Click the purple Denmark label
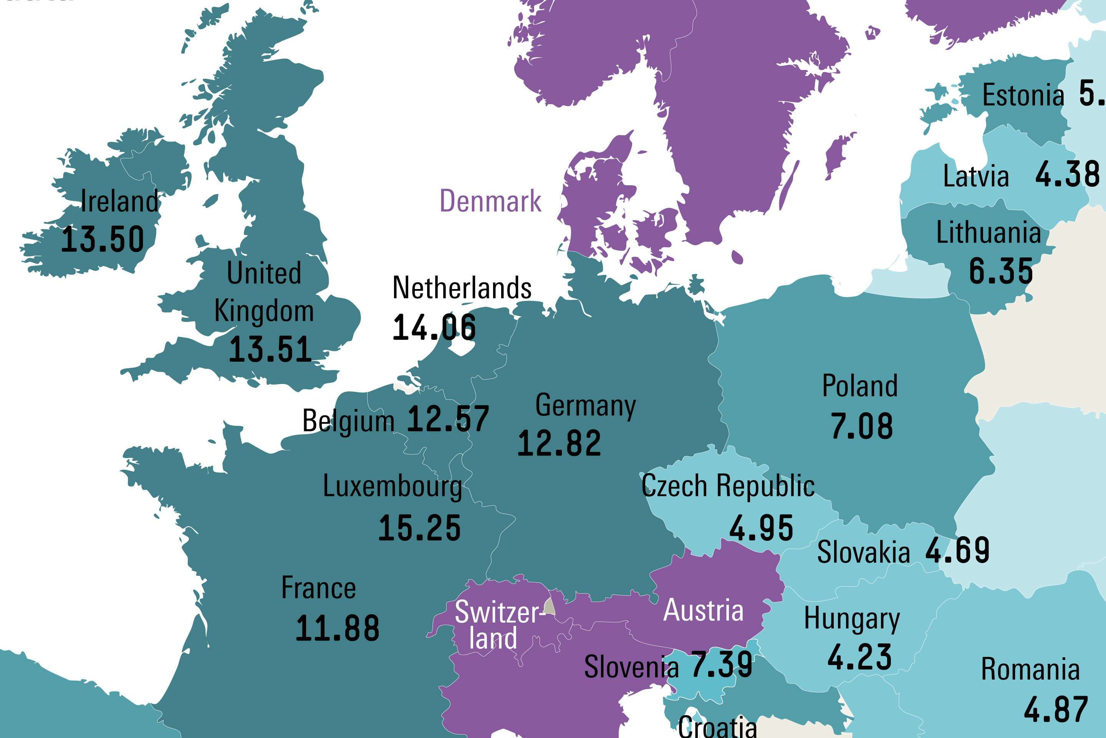[490, 201]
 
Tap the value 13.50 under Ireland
[103, 239]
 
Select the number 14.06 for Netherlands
[434, 327]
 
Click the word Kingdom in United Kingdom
[264, 311]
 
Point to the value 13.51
[270, 350]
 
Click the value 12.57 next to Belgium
[448, 419]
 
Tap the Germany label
[585, 406]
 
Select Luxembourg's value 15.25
[419, 528]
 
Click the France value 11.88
[337, 629]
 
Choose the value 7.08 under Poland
[861, 426]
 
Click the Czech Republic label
[728, 486]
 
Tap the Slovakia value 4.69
[957, 550]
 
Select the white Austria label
[704, 610]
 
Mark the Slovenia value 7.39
[722, 665]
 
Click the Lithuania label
[988, 233]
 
